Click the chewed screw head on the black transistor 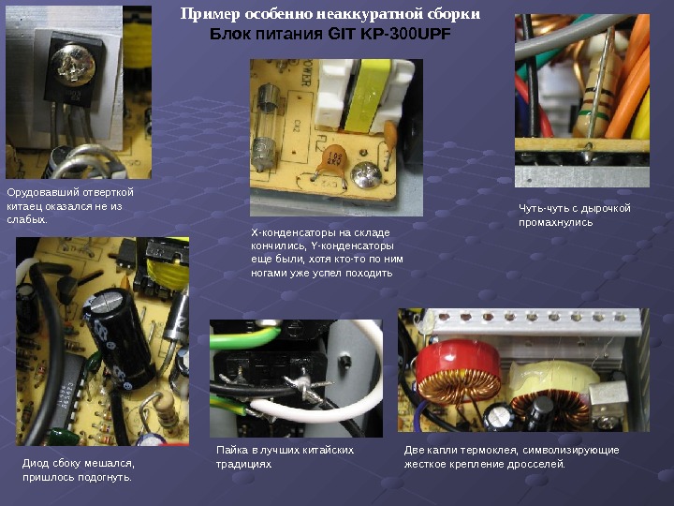[73, 66]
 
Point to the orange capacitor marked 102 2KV [330, 161]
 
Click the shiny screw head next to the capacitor [366, 175]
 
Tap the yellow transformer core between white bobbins [366, 96]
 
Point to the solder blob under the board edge [588, 151]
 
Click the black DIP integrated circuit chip [68, 393]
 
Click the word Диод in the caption [36, 464]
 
